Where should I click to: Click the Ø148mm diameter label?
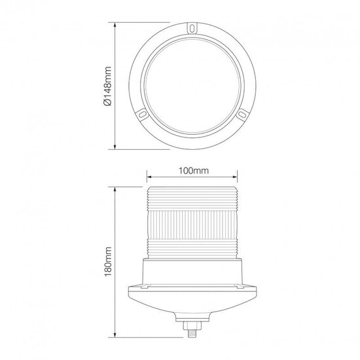107,86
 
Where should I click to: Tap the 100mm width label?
194,171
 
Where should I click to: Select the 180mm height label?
108,262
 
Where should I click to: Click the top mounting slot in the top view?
192,28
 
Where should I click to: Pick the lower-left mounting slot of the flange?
143,114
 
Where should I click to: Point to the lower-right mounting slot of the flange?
242,114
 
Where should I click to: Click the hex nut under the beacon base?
192,325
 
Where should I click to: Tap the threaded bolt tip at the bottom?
192,333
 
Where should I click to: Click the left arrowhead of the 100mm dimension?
149,177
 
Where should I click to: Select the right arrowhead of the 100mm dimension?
234,177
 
